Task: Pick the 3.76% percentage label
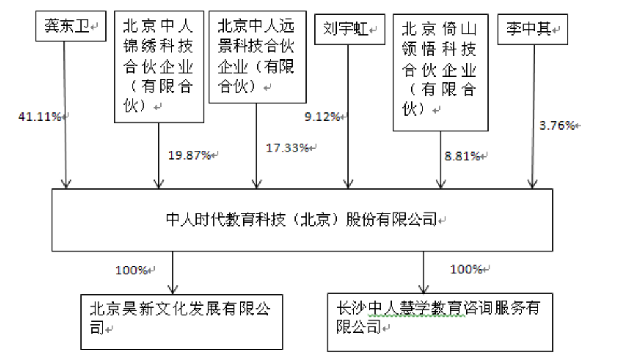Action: (558, 125)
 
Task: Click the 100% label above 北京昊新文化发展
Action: (132, 269)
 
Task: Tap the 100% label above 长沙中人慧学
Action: (466, 269)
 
